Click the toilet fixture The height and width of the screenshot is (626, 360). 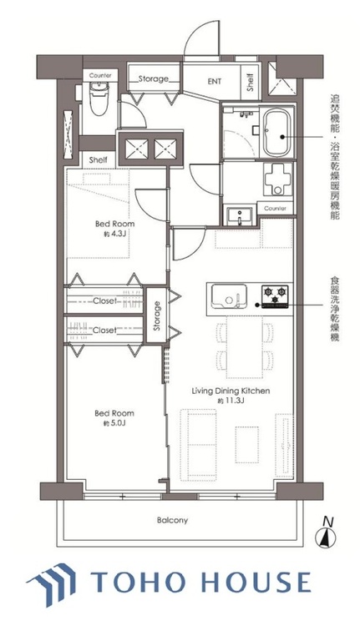click(x=99, y=98)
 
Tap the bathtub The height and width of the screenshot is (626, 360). click(x=276, y=134)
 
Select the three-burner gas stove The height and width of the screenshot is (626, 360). click(x=275, y=296)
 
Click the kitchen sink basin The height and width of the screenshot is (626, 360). click(x=229, y=296)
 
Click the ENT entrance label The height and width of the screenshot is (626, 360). click(x=214, y=82)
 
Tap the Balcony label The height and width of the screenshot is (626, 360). click(x=172, y=520)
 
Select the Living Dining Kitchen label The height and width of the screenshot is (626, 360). click(x=231, y=391)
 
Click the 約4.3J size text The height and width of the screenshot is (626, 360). click(x=114, y=234)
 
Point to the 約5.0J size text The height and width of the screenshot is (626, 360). click(x=114, y=423)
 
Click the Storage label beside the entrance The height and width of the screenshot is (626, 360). click(x=154, y=79)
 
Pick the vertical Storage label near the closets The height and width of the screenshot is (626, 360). click(x=157, y=316)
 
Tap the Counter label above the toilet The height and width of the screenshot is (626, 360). click(x=100, y=75)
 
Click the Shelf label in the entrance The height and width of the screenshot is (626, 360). click(x=251, y=83)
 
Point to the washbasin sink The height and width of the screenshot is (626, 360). click(x=240, y=216)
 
